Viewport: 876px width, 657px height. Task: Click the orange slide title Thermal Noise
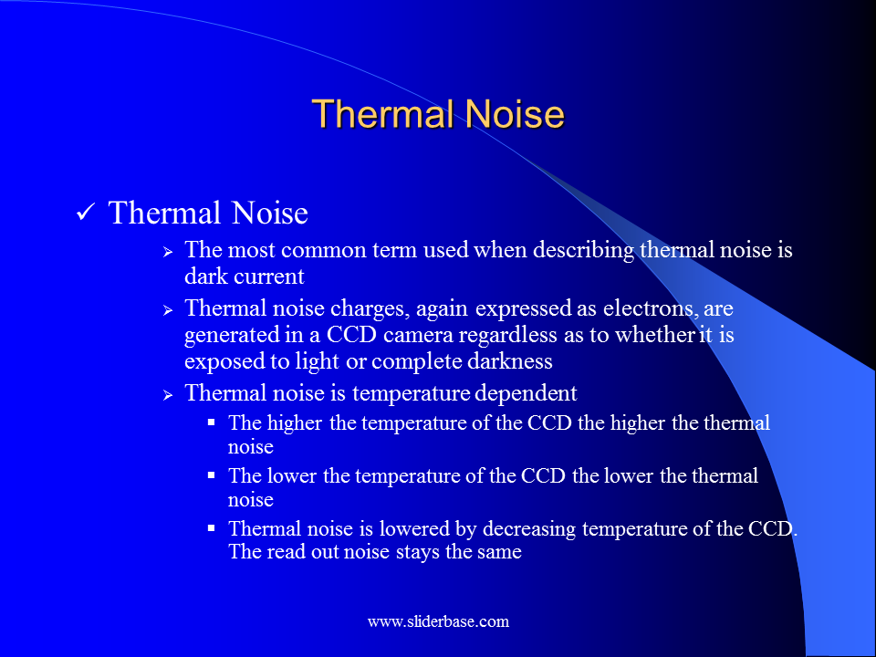pos(438,115)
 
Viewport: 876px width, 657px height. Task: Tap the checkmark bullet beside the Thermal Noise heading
pos(87,214)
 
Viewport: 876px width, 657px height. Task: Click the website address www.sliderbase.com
pos(438,622)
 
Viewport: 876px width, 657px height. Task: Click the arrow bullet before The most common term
pos(168,251)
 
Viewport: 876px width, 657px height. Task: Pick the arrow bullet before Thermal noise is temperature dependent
pos(168,394)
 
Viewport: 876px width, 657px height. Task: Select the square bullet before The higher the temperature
pos(212,422)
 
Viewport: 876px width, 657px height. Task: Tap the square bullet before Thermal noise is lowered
pos(212,527)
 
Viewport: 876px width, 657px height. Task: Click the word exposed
pos(218,360)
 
